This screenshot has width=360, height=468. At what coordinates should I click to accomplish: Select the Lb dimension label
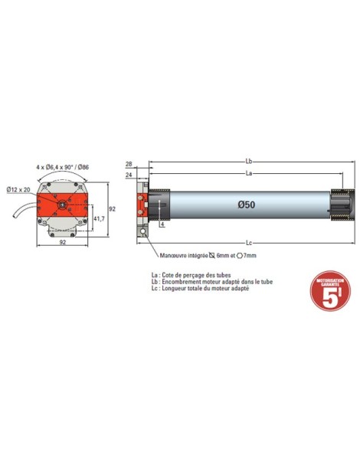[249, 162]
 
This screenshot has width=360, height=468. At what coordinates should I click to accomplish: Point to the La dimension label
[249, 174]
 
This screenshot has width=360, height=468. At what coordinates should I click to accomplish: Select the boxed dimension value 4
[162, 225]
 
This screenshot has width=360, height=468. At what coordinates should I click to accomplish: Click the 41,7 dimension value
[98, 220]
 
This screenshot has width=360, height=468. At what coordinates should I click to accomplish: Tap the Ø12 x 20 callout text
[18, 189]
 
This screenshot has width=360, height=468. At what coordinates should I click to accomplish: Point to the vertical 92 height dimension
[112, 208]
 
